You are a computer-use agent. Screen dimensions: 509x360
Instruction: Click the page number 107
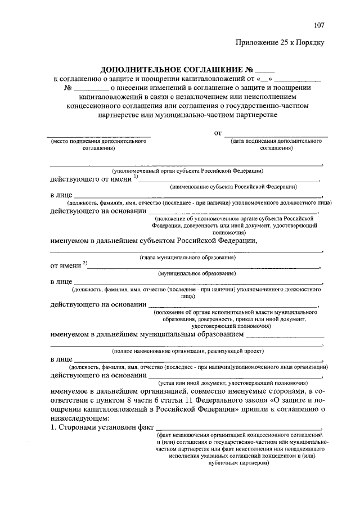tap(319, 25)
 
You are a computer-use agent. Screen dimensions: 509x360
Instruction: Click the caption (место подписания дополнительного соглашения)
tap(98, 145)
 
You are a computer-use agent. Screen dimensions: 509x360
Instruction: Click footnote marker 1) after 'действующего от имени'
tap(136, 177)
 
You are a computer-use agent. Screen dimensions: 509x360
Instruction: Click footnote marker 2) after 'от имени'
tap(85, 263)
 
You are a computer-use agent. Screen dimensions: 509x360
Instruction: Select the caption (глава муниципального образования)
tap(187, 257)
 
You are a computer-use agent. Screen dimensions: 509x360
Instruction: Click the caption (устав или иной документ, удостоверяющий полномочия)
tap(236, 381)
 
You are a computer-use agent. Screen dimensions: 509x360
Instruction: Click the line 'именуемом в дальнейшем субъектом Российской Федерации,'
tap(154, 241)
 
